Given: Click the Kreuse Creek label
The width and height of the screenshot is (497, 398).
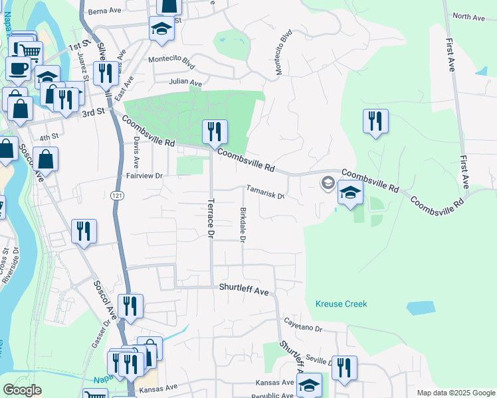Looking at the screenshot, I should click(340, 304).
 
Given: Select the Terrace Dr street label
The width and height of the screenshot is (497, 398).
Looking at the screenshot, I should click(211, 218).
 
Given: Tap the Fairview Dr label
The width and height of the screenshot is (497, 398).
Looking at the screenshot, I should click(144, 176).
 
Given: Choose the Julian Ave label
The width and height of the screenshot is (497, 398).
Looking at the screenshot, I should click(185, 83).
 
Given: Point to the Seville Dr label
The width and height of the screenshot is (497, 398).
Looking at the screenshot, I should click(319, 361).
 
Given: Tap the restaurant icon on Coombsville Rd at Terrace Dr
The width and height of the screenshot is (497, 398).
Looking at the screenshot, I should click(215, 132).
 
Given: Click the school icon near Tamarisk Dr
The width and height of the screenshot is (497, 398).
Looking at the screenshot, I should click(350, 192).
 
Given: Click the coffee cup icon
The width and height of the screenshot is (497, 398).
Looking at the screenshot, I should click(18, 68).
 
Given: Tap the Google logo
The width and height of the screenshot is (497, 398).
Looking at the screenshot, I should click(22, 390).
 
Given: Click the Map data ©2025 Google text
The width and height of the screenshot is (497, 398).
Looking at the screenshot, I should click(455, 393).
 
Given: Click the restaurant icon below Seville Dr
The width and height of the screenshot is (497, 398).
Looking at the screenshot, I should click(344, 367).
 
